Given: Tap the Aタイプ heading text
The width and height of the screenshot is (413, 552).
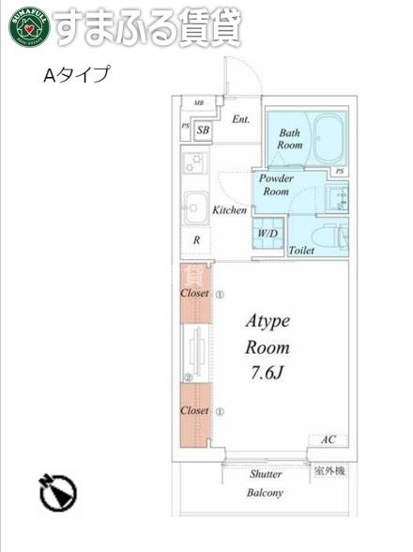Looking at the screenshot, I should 76,75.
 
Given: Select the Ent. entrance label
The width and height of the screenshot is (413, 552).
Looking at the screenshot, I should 240,119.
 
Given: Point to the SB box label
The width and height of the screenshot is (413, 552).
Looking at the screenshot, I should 203,131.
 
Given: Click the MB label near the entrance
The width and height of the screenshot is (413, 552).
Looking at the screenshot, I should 199,102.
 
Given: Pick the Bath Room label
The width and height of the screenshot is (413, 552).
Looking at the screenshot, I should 290,139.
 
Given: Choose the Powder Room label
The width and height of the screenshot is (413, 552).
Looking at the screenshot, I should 276,185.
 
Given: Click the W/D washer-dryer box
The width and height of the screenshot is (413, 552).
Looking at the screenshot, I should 268,233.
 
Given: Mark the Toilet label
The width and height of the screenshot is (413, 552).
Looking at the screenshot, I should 301,251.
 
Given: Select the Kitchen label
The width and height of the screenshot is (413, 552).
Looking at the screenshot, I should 230,210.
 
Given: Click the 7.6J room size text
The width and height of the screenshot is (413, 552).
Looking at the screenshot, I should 267,373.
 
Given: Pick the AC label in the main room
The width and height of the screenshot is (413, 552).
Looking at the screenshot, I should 329,439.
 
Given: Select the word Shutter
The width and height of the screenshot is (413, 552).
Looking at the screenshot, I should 266,474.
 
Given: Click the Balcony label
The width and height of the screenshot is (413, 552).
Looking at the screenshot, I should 265,493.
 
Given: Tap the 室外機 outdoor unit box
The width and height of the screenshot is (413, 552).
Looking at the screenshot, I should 329,470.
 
